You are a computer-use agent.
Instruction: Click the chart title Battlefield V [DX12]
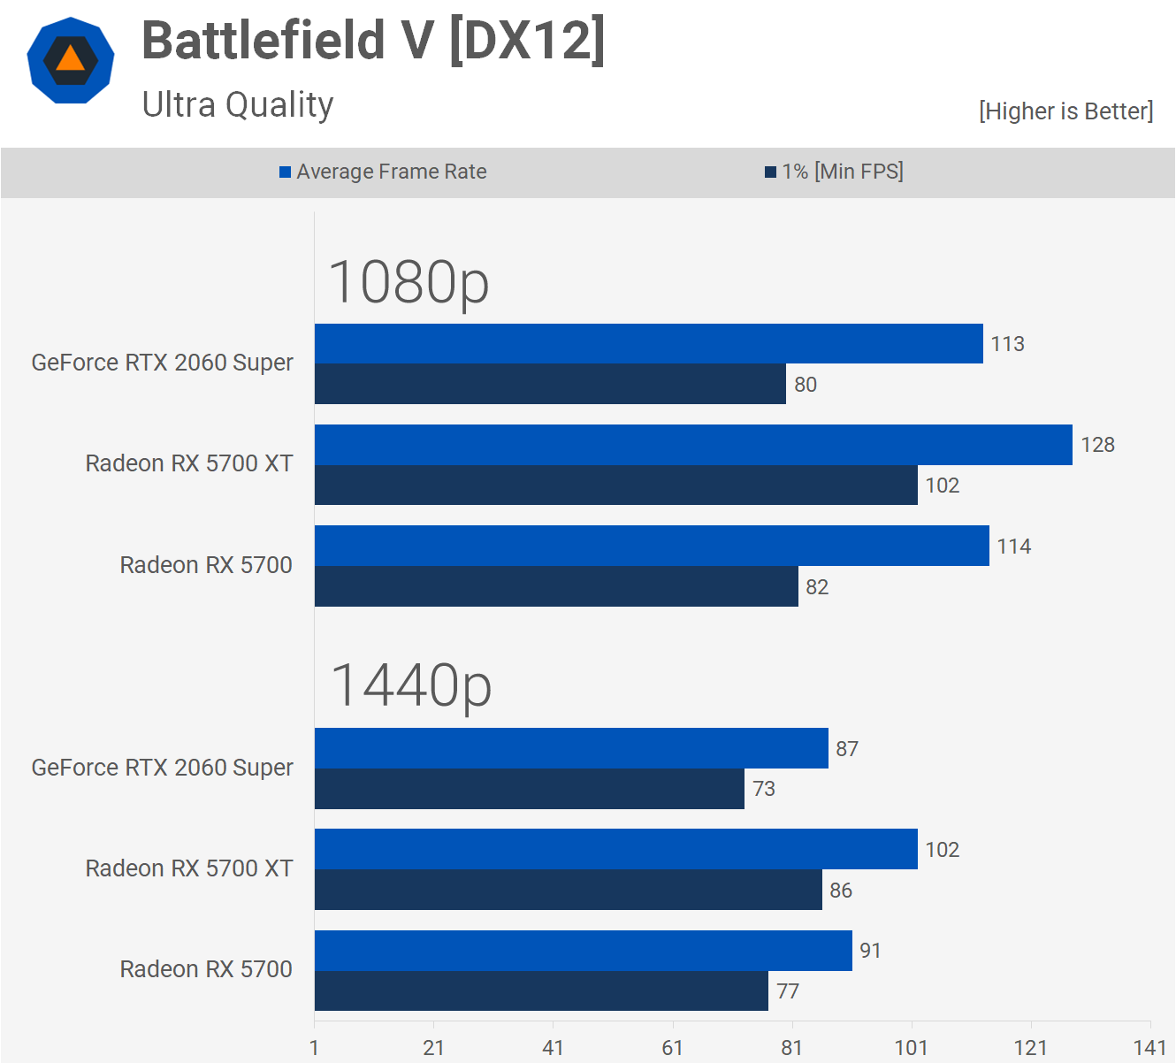pyautogui.click(x=373, y=41)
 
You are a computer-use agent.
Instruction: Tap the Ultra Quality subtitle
pyautogui.click(x=238, y=104)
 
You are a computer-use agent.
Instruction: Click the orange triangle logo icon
pyautogui.click(x=71, y=60)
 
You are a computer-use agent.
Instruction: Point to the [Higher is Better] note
pyautogui.click(x=1065, y=111)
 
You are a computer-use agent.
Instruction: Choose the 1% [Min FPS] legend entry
pyautogui.click(x=834, y=172)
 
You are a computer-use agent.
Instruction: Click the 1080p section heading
pyautogui.click(x=409, y=282)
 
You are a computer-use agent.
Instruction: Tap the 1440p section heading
pyautogui.click(x=410, y=685)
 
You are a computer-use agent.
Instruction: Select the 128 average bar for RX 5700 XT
pyautogui.click(x=693, y=445)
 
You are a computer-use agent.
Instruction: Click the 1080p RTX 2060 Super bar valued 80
pyautogui.click(x=550, y=384)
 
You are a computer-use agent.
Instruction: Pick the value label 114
pyautogui.click(x=1013, y=547)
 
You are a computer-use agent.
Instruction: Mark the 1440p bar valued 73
pyautogui.click(x=529, y=789)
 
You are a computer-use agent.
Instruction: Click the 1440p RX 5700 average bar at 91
pyautogui.click(x=583, y=951)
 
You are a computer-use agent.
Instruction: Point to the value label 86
pyautogui.click(x=841, y=891)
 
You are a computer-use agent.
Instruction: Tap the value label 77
pyautogui.click(x=787, y=991)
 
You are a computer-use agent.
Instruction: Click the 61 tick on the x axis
pyautogui.click(x=672, y=1048)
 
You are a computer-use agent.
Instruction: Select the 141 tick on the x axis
pyautogui.click(x=1149, y=1048)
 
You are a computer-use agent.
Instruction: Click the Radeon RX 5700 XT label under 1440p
pyautogui.click(x=189, y=868)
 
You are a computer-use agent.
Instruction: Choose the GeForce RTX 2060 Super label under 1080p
pyautogui.click(x=162, y=363)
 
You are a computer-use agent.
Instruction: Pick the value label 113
pyautogui.click(x=1007, y=344)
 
